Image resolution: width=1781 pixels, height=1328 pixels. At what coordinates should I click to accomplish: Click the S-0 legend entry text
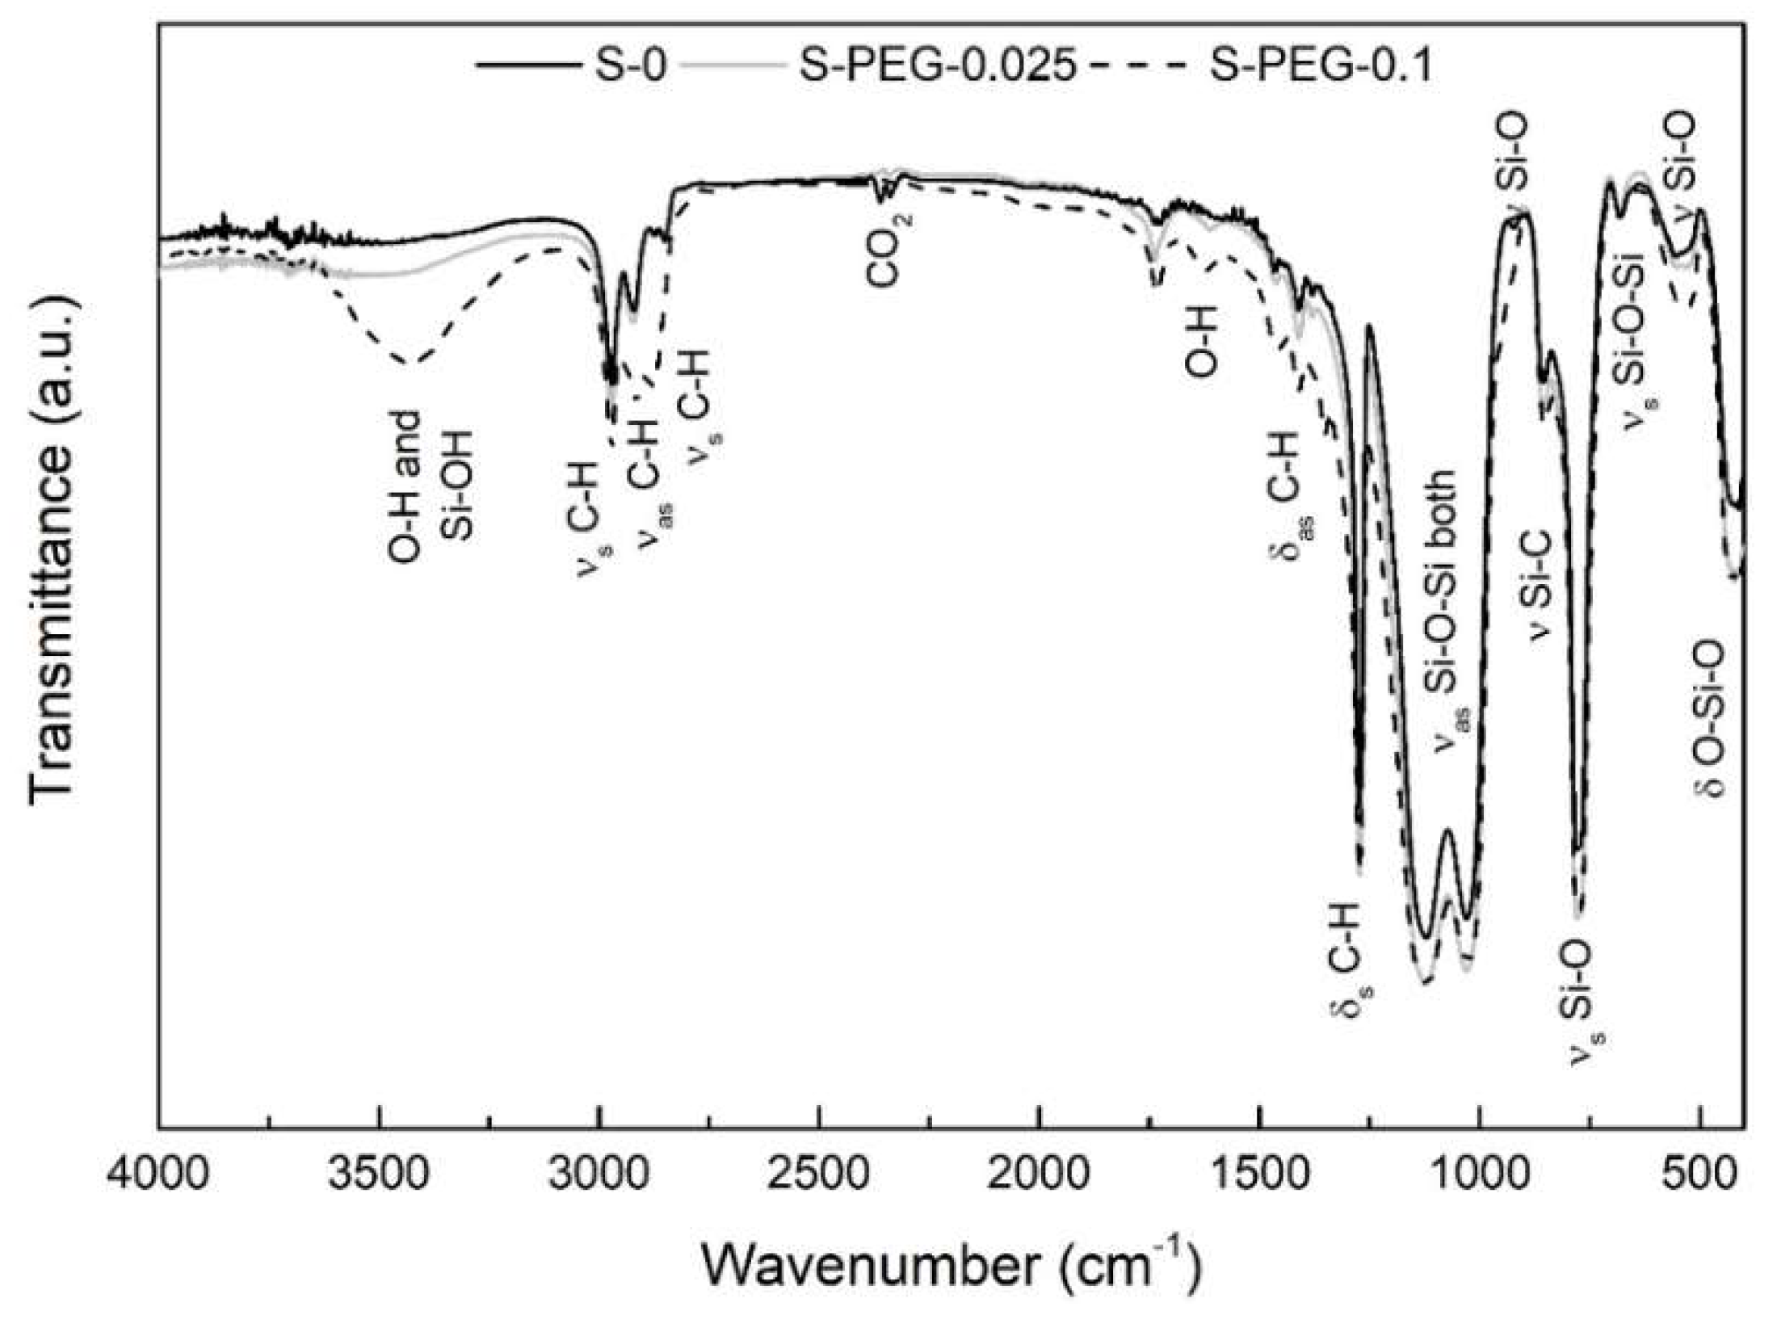[630, 65]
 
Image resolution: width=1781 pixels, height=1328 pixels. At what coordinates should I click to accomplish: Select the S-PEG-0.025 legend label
[938, 65]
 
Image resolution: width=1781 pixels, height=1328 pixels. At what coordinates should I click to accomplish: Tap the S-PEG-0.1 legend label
[1321, 65]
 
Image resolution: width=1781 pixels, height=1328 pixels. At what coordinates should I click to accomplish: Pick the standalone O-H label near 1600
[1201, 344]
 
